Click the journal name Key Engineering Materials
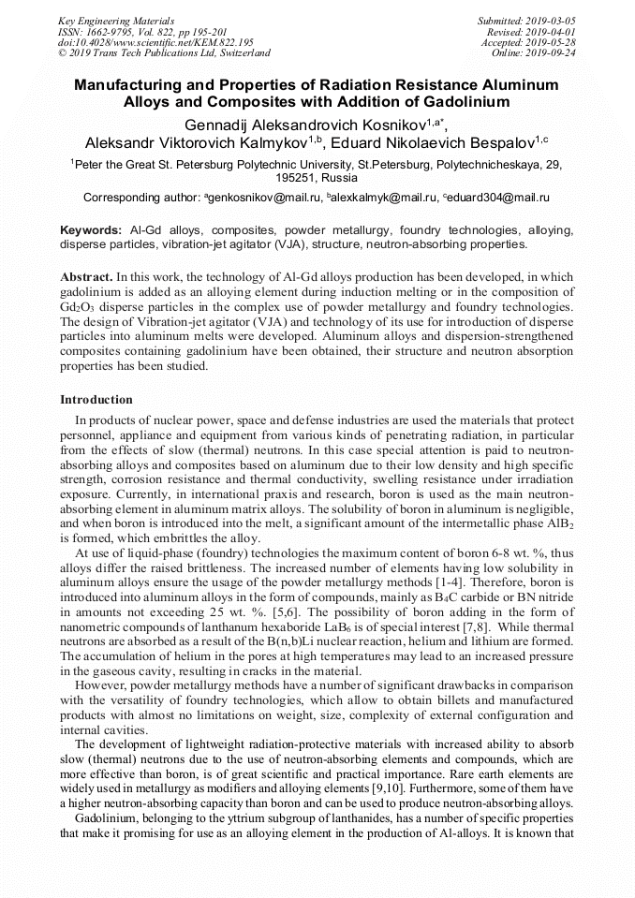[x=115, y=20]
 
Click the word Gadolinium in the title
[x=457, y=101]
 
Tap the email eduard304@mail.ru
[x=498, y=198]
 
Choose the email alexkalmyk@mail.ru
[x=384, y=198]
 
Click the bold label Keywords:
[x=91, y=229]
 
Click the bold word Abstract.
[x=87, y=278]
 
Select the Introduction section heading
[x=96, y=400]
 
